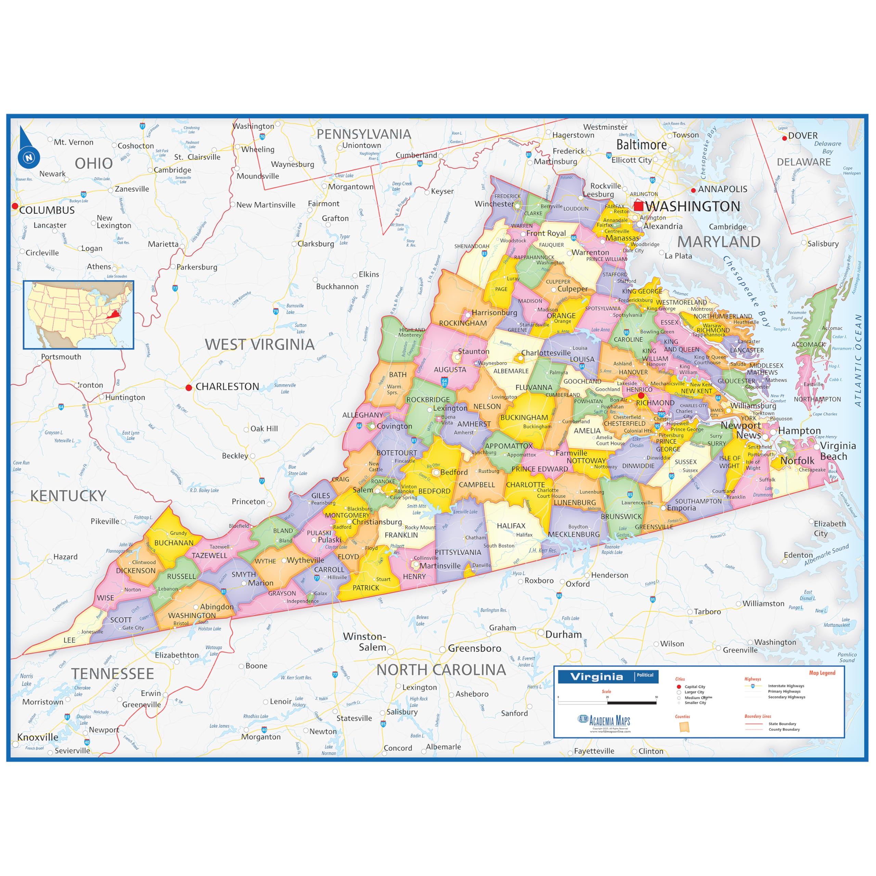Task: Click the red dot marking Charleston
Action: (x=189, y=388)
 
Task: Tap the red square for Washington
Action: (x=639, y=206)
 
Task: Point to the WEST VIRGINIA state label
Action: (x=259, y=345)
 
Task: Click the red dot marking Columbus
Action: (x=15, y=206)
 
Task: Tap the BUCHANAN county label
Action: (x=173, y=543)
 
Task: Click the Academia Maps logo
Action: (x=604, y=721)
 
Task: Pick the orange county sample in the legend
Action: (x=683, y=727)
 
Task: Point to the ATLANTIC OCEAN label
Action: (x=858, y=360)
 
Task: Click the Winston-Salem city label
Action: (x=364, y=642)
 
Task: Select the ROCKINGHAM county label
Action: (x=463, y=323)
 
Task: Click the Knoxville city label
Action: (x=38, y=737)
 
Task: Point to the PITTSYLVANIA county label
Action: (x=458, y=552)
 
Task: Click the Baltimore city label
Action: (x=641, y=145)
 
